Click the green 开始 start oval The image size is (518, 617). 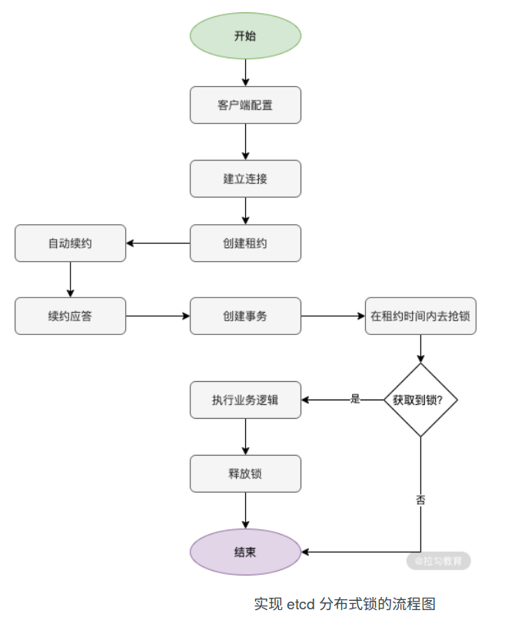point(245,36)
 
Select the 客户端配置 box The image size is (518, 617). point(245,105)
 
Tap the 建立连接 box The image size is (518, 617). point(245,179)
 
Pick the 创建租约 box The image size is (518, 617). point(245,244)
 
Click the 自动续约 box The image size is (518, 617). point(70,244)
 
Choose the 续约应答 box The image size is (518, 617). point(70,316)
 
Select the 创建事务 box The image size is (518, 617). point(245,316)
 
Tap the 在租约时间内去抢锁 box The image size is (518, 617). point(420,316)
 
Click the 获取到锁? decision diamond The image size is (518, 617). point(420,400)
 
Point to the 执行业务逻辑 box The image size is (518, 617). point(245,400)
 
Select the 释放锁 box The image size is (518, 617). point(245,473)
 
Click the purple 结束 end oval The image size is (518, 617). point(245,552)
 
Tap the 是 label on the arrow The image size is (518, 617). point(355,399)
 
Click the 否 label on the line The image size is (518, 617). point(420,499)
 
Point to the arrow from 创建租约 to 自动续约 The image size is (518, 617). point(158,244)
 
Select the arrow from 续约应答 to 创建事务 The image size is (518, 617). point(158,316)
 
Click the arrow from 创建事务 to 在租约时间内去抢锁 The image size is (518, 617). point(333,316)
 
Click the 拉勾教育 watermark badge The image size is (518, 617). point(439,561)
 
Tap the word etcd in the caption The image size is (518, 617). point(302,603)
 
